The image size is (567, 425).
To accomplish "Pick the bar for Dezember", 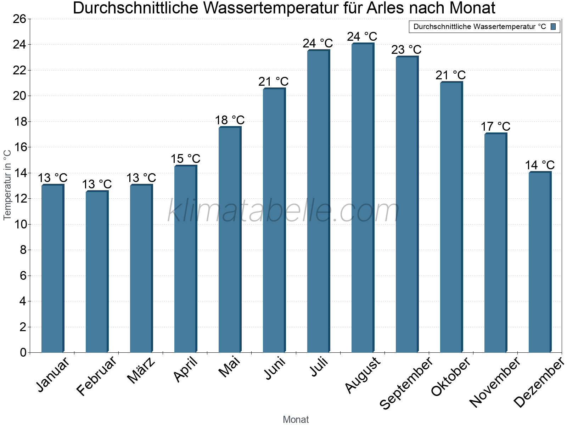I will pos(540,262).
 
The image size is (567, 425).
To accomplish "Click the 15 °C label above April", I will pos(185,158).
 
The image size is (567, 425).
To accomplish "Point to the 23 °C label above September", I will pos(406,50).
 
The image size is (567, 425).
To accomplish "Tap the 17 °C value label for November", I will pos(495,126).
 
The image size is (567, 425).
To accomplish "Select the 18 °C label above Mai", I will pos(230,120).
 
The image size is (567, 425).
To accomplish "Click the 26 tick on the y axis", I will pos(19,19).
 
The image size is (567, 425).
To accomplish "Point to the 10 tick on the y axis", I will pos(19,224).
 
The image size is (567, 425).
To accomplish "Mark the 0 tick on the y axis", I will pos(23,352).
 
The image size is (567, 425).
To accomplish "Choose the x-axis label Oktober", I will pos(450,376).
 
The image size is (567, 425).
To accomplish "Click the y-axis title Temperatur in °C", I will pos(7,185).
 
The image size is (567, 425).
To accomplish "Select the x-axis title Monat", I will pos(296,419).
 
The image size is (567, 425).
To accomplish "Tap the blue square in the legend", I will pos(553,27).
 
